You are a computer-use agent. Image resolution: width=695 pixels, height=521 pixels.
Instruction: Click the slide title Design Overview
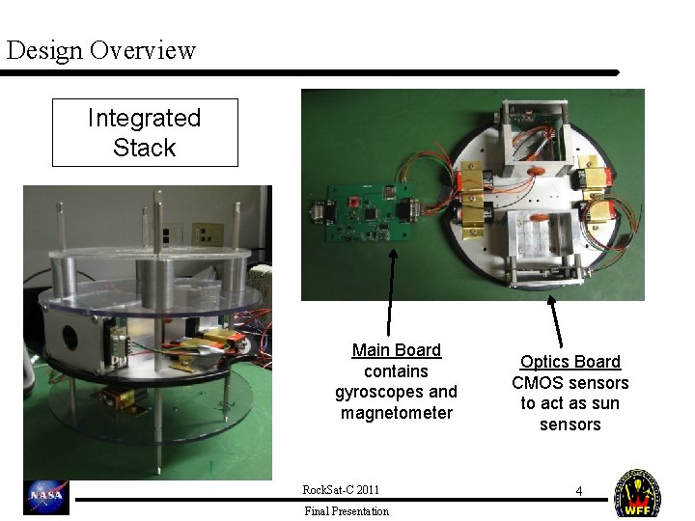[100, 49]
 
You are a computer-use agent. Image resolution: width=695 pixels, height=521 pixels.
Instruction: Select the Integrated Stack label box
[145, 132]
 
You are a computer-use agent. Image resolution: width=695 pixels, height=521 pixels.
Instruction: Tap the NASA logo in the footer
[46, 496]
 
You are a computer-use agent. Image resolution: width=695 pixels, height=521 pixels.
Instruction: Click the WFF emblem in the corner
[638, 493]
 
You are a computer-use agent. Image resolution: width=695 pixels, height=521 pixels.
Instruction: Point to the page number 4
[578, 491]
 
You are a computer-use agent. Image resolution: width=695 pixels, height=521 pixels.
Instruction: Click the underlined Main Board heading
[396, 350]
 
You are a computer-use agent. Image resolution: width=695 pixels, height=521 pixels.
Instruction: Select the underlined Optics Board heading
[570, 362]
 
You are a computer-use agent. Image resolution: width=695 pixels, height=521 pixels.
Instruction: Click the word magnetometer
[396, 413]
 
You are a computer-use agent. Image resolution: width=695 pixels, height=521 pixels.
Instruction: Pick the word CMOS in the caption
[534, 383]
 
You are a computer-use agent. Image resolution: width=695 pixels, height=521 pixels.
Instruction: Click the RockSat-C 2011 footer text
[347, 490]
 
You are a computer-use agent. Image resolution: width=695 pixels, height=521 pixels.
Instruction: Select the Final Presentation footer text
[346, 511]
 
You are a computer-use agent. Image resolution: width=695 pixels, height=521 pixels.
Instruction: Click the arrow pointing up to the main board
[391, 289]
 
